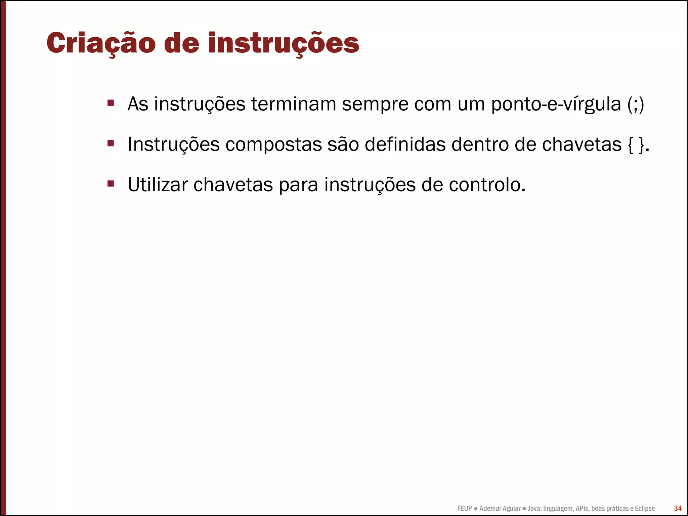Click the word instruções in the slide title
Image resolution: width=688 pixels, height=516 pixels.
point(283,43)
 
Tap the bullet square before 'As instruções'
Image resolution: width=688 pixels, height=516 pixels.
point(111,103)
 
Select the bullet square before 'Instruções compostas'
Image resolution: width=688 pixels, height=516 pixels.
point(111,144)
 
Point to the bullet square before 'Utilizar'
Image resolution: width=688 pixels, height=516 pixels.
point(111,184)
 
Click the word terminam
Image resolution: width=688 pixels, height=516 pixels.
point(294,104)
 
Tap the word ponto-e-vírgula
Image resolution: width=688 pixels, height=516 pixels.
point(556,104)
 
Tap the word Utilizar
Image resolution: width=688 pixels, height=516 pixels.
point(158,185)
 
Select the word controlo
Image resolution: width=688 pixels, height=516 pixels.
point(487,185)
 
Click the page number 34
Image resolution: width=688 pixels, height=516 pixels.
point(678,508)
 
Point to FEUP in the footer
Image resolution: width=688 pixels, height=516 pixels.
point(464,509)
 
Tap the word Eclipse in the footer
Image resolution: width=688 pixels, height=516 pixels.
point(644,509)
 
